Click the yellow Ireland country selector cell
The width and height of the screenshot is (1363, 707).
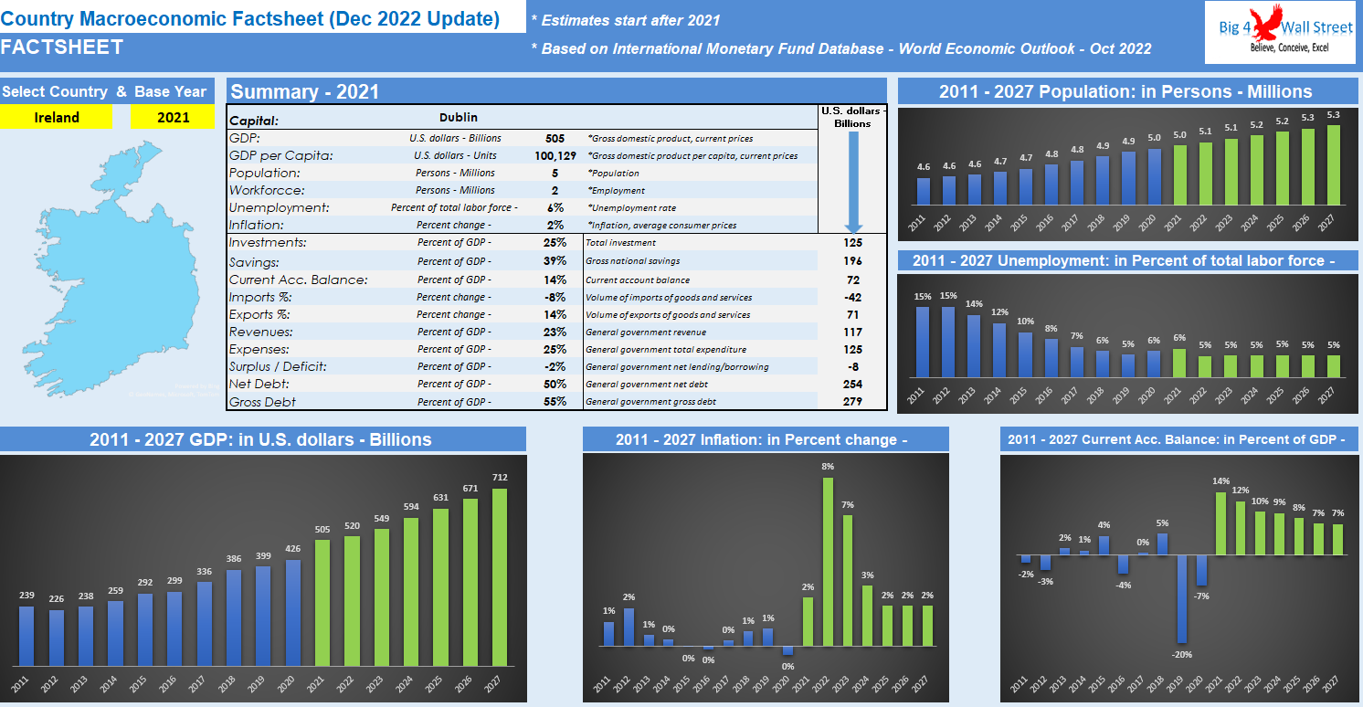coord(57,117)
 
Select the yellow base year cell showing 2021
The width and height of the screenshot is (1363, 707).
coord(173,117)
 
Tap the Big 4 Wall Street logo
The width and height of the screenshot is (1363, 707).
coord(1278,33)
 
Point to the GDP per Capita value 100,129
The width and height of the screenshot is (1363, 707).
coord(555,155)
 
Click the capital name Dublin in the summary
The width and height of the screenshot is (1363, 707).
coord(458,118)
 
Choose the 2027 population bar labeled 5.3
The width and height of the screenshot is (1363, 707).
coord(1333,164)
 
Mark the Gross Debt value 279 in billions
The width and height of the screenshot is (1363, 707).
coord(852,401)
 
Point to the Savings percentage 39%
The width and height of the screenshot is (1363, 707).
coord(555,261)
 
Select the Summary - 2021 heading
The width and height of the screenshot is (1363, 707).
coord(305,91)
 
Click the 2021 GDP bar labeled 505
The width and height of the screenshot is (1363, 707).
coord(323,603)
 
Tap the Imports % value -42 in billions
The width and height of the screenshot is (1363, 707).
coord(852,297)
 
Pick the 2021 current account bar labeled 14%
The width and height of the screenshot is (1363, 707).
coord(1221,524)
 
